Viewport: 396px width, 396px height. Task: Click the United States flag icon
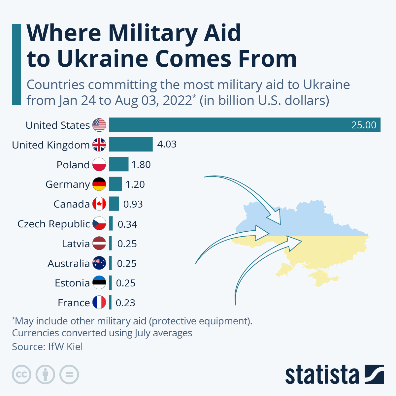point(99,125)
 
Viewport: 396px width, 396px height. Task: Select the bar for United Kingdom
point(131,145)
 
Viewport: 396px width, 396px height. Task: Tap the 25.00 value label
point(364,125)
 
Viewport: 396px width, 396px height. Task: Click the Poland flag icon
point(99,164)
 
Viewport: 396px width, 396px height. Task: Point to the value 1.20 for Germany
point(135,184)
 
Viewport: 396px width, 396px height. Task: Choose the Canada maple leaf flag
point(99,204)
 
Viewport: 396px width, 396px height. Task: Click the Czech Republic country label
point(53,224)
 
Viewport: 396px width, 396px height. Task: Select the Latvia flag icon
point(99,244)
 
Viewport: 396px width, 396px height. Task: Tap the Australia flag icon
point(99,263)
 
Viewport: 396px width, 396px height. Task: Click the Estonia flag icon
point(99,283)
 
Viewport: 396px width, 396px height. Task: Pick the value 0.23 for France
point(125,303)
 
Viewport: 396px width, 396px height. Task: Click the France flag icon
point(99,303)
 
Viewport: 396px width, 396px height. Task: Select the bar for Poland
point(118,164)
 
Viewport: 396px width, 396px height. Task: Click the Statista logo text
point(322,375)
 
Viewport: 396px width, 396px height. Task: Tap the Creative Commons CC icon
point(22,375)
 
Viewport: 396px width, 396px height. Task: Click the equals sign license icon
point(69,375)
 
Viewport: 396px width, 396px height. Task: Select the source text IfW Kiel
point(65,347)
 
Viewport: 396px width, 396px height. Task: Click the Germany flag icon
point(99,184)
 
